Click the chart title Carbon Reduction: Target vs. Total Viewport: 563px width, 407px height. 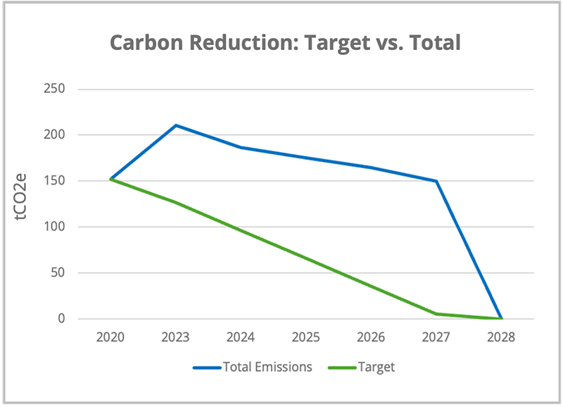(285, 43)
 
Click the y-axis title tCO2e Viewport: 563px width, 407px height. (25, 203)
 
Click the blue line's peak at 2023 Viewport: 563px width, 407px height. (175, 125)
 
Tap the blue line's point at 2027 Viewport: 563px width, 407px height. (436, 181)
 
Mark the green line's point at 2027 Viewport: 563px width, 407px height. (436, 314)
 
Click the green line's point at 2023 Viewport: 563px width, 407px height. (175, 203)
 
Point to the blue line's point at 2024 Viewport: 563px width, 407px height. (241, 147)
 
